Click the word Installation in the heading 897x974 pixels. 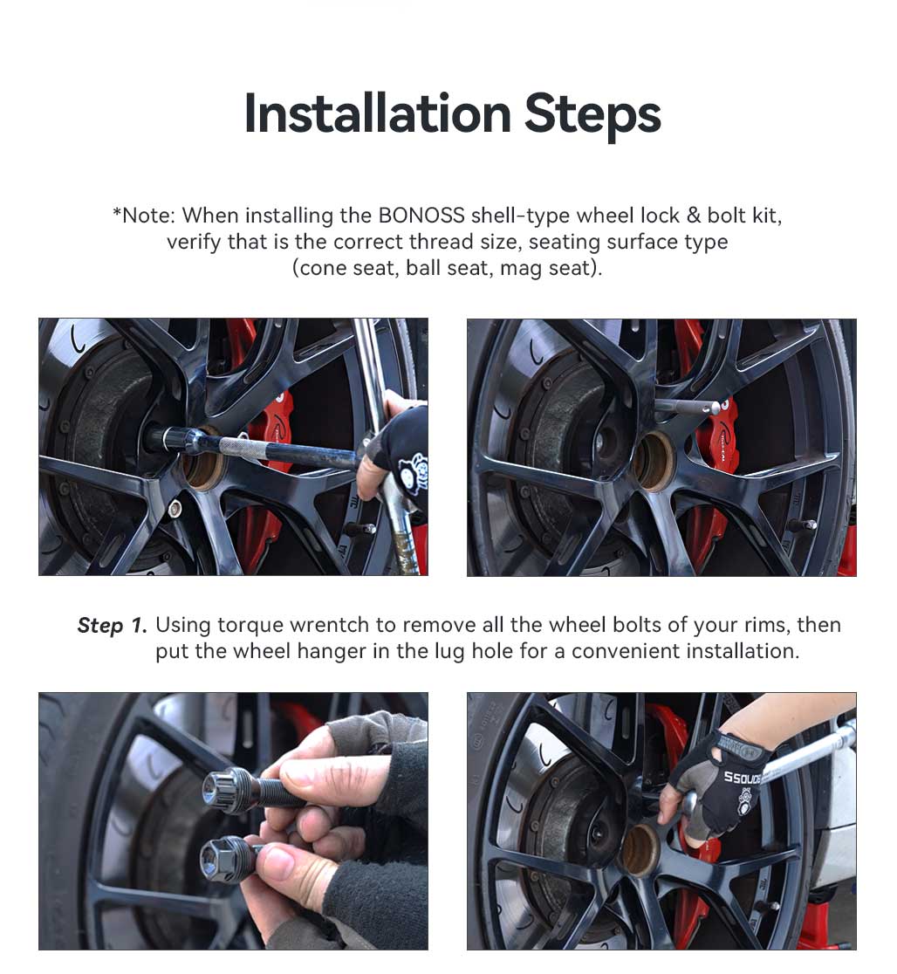378,113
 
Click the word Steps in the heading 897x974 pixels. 592,116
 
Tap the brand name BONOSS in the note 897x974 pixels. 421,216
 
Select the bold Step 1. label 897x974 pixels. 113,626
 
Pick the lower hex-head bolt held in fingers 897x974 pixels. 229,857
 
